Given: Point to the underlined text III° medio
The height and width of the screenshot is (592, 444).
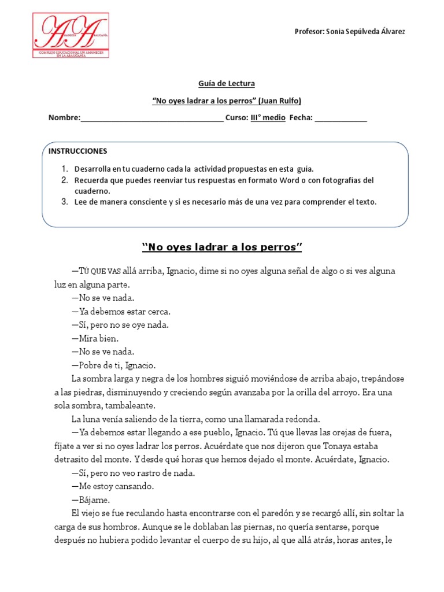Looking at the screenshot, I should click(x=268, y=117).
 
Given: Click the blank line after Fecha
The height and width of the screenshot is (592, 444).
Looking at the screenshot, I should click(x=341, y=118).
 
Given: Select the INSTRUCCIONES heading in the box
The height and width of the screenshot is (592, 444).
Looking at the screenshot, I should click(x=78, y=151).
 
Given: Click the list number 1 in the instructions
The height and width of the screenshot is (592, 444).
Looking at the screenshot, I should click(x=65, y=169).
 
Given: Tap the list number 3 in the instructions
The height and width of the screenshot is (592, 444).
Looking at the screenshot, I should click(x=65, y=202).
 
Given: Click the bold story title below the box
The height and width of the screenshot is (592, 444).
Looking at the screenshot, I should click(x=223, y=248).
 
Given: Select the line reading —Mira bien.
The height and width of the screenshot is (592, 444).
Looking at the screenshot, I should click(x=95, y=338).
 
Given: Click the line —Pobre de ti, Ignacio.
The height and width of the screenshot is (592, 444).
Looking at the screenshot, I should click(x=113, y=365).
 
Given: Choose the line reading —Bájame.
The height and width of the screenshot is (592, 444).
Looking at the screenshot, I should click(x=90, y=499).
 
